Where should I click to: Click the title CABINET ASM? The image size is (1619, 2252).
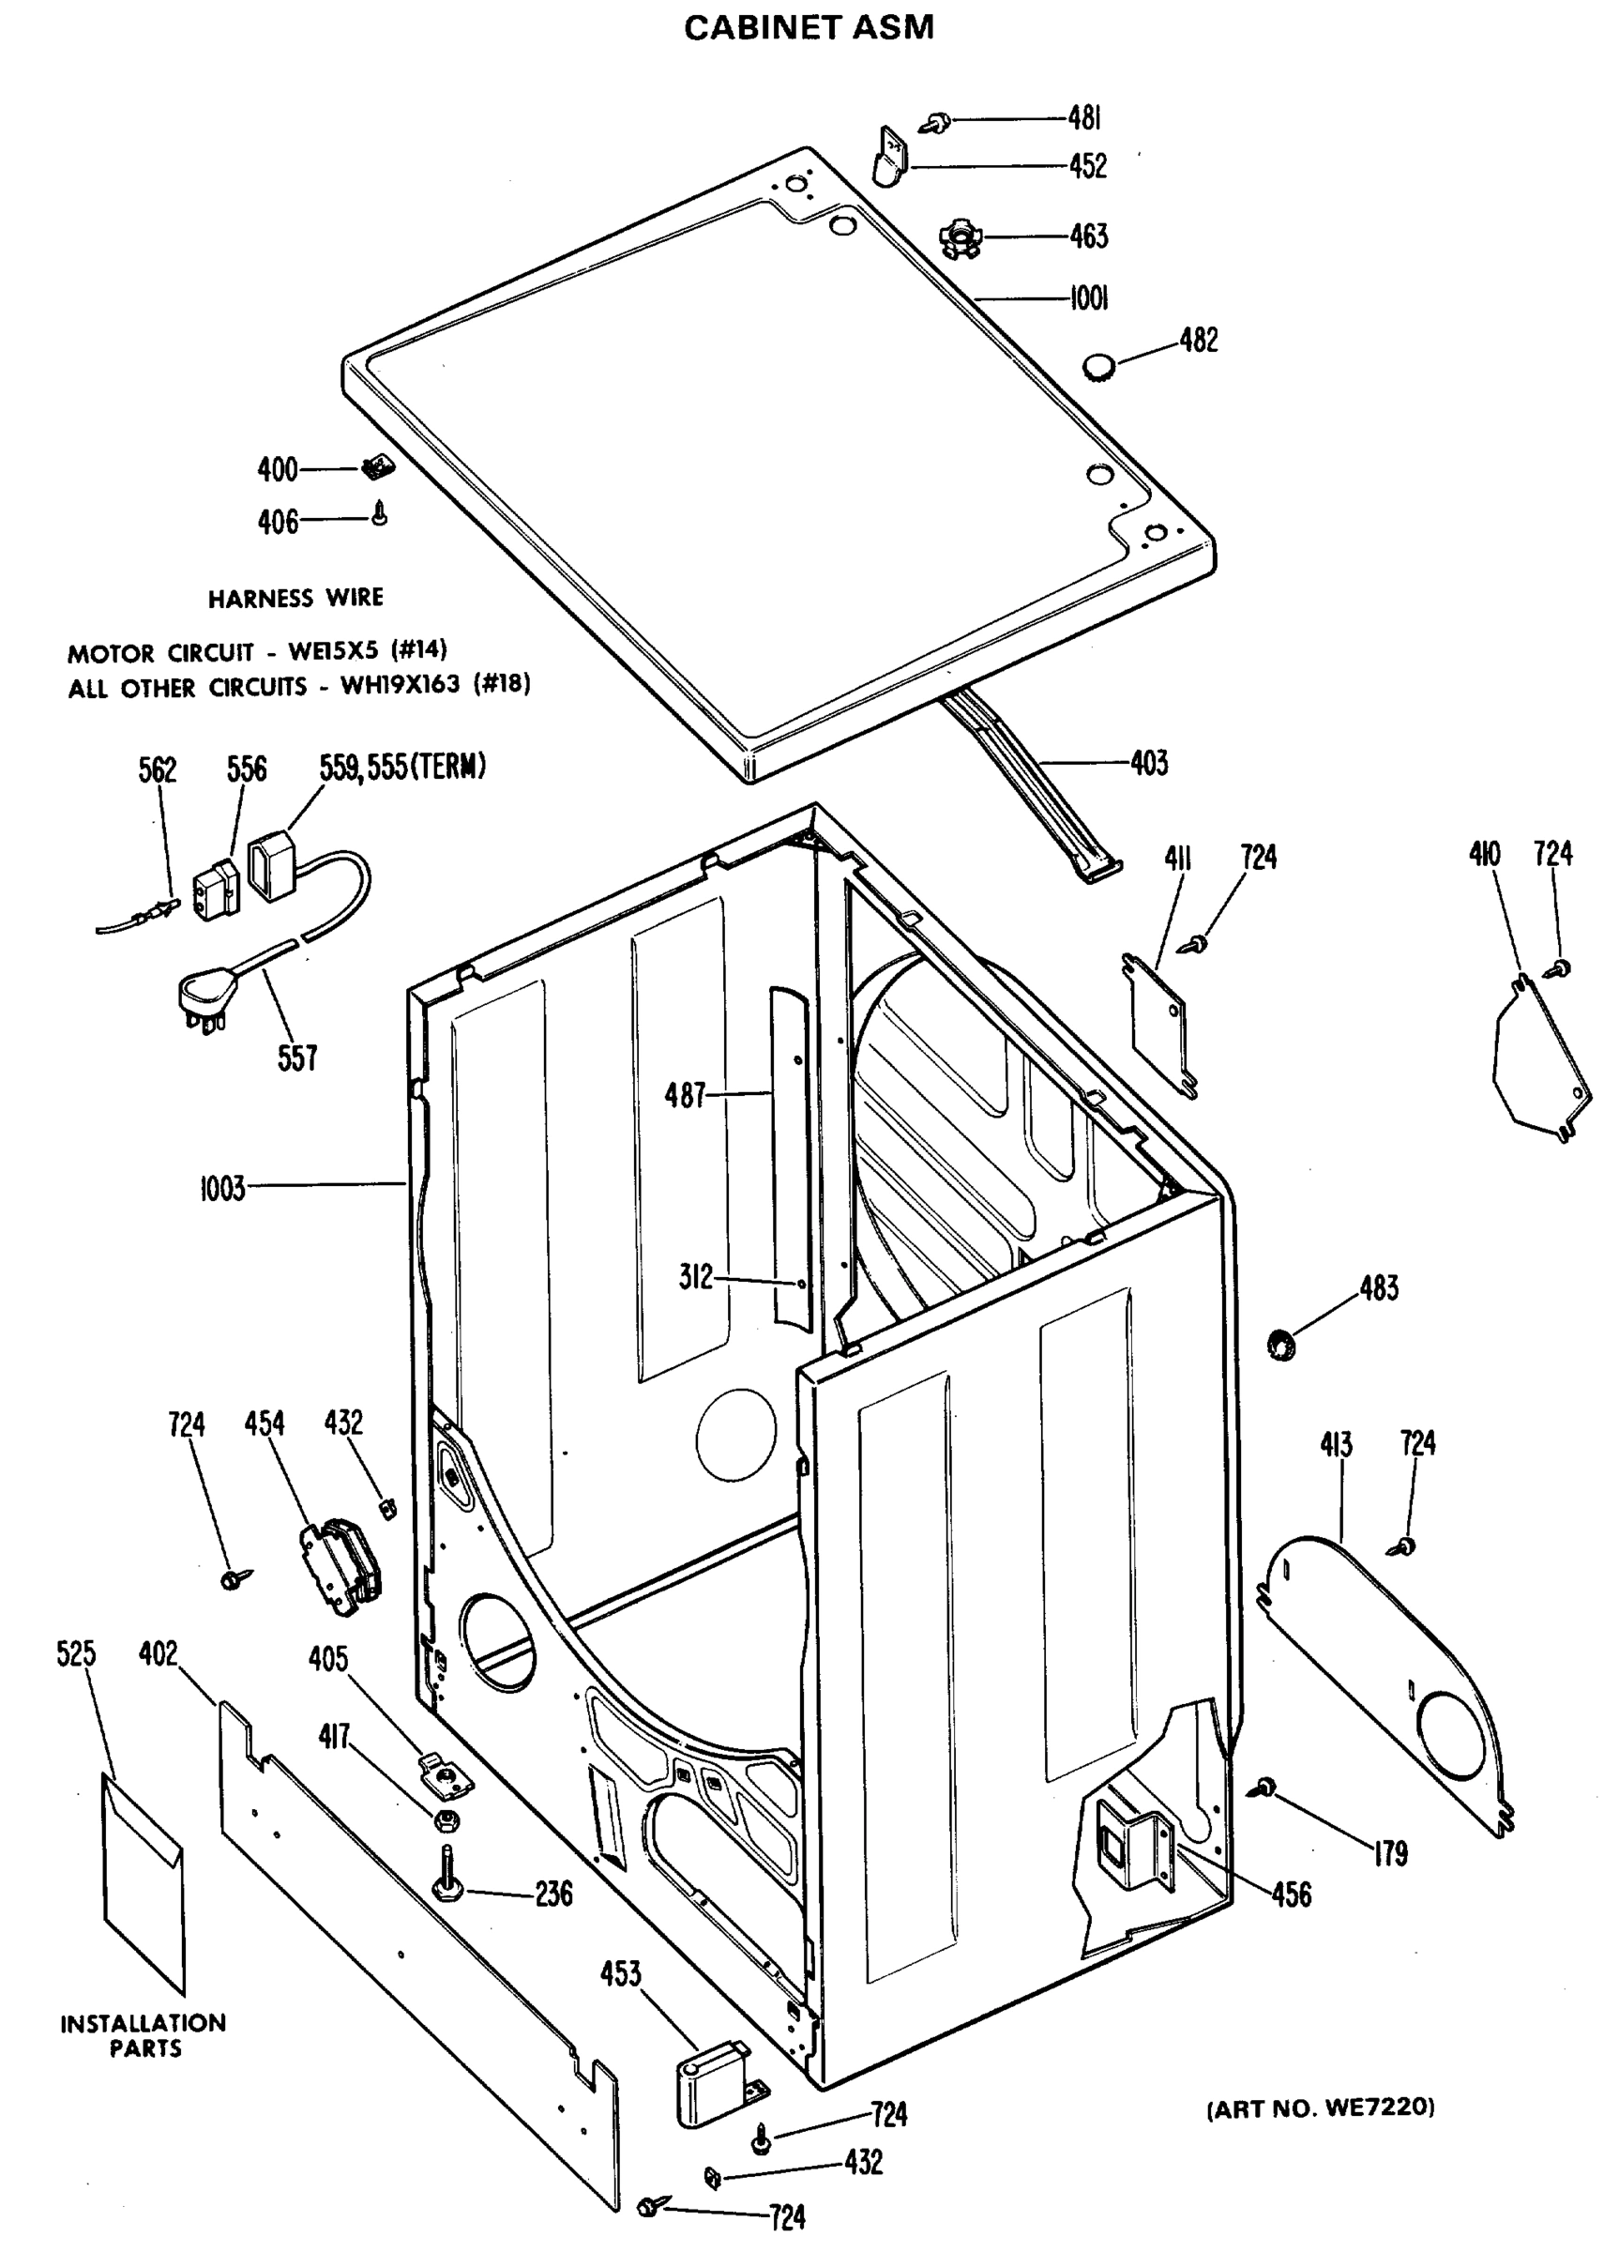point(808,27)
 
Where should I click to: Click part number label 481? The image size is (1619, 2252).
point(1085,118)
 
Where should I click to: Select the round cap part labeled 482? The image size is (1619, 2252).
point(1097,369)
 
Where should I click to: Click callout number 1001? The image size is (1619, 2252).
point(1088,297)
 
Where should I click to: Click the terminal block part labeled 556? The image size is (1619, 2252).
point(218,889)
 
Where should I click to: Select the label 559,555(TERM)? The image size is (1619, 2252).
point(402,768)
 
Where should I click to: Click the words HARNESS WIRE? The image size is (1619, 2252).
point(295,598)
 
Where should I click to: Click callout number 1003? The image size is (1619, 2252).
point(222,1189)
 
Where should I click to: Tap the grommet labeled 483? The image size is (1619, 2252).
point(1282,1347)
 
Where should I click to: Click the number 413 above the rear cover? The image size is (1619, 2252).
point(1335,1445)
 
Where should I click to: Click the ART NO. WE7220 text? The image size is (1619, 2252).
point(1320,2107)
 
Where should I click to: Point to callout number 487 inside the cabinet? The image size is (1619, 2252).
point(684,1096)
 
